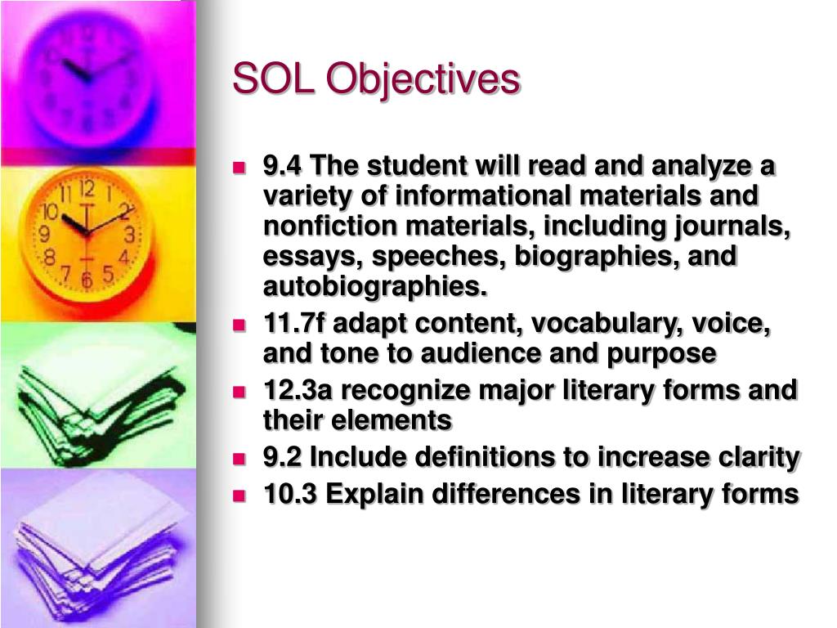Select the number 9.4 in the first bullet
pyautogui.click(x=282, y=166)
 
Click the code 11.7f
pyautogui.click(x=292, y=324)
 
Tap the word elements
pyautogui.click(x=398, y=420)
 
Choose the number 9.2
pyautogui.click(x=282, y=458)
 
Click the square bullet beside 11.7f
pyautogui.click(x=239, y=325)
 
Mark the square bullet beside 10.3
pyautogui.click(x=239, y=495)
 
